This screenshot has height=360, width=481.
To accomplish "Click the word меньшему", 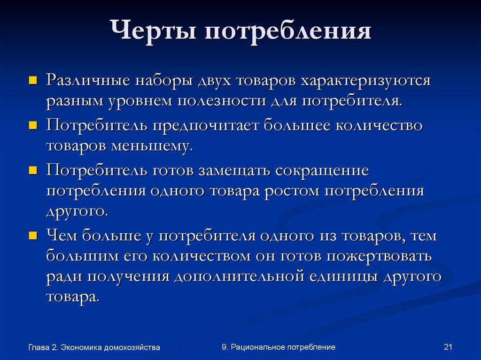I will point(152,146).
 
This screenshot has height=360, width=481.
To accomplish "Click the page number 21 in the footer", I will point(447,347).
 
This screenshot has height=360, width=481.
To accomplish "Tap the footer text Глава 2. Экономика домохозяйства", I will point(94,348).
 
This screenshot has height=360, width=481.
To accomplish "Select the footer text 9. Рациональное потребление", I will point(278,347).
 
